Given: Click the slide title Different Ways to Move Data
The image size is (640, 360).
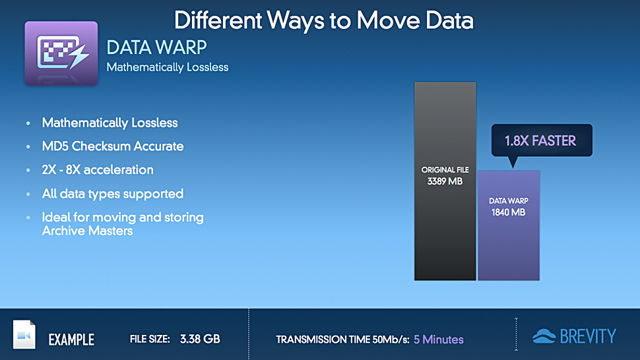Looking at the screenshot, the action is (324, 20).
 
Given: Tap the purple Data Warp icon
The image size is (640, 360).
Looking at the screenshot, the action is (61, 53).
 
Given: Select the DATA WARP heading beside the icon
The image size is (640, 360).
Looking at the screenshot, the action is (157, 47).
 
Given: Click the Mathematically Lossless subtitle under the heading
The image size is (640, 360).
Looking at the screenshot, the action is (168, 67).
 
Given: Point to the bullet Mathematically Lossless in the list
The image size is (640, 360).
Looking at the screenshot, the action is (110, 123).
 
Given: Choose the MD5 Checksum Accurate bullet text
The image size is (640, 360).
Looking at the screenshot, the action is (113, 146).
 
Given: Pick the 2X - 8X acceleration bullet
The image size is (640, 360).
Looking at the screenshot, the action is (98, 169).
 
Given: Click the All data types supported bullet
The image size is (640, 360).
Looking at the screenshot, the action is (113, 194).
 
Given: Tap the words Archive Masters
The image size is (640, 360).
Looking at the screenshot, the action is (87, 231).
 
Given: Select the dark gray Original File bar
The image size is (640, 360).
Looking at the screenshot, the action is (445, 181).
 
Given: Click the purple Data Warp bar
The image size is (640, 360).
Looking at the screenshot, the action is (509, 225).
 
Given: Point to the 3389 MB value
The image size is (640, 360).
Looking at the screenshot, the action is (445, 181).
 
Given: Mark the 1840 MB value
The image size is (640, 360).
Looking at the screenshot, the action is (509, 212).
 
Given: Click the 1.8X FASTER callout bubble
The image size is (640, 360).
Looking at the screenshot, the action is (542, 140).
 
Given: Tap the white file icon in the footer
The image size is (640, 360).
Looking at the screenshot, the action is (24, 334).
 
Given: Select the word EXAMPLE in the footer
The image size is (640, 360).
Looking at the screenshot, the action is (71, 340).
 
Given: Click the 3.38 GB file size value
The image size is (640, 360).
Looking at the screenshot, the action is (200, 339).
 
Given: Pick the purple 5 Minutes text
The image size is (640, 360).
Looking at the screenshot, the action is (438, 340).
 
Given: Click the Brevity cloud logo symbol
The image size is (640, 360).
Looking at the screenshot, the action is (544, 336).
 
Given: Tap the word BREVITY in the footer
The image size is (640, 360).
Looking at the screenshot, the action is (588, 336).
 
